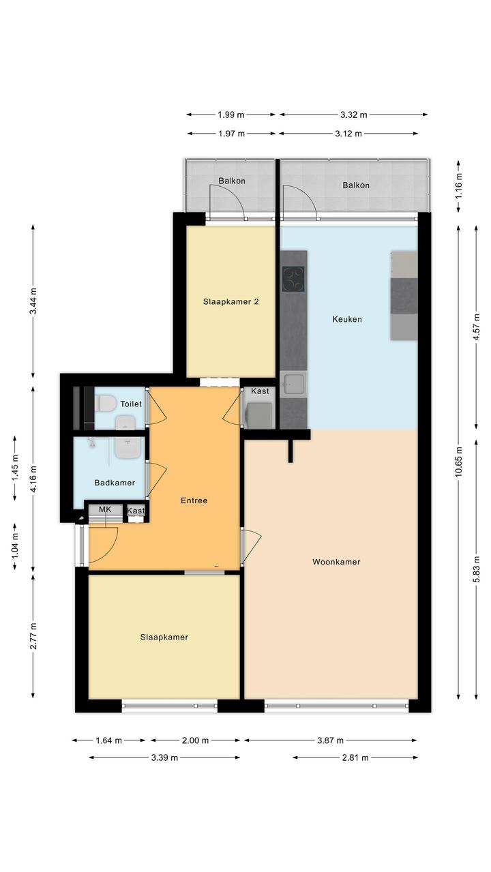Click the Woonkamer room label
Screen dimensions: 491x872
pos(336,562)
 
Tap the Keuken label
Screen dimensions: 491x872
pos(347,319)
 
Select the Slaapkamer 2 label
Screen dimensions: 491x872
pos(231,302)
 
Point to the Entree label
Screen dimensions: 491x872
pos(194,500)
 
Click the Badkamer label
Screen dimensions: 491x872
pos(115,483)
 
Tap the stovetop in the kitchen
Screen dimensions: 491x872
pos(293,279)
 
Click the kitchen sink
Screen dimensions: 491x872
pos(293,385)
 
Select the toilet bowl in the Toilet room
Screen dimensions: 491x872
pos(105,404)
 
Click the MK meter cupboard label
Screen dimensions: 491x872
pos(105,509)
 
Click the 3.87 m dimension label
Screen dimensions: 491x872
pos(331,740)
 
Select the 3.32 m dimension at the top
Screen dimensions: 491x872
pos(353,115)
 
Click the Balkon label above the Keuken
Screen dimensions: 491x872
pos(356,185)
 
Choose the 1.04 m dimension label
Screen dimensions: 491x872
pos(15,546)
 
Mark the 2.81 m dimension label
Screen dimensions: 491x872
pos(355,757)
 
